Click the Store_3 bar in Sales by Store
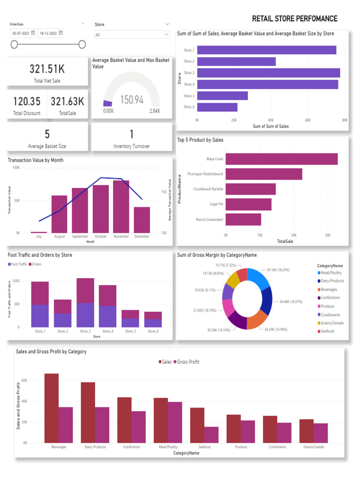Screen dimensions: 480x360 tap(268, 73)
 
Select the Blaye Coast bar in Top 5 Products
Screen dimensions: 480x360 tap(281, 159)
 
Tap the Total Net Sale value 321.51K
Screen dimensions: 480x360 tap(47, 69)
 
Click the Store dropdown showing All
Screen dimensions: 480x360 tap(132, 35)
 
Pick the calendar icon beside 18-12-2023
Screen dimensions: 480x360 tap(60, 33)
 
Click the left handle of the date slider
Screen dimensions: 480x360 tap(14, 44)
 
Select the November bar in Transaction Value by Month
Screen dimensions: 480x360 tap(121, 206)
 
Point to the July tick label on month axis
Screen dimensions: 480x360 tap(39, 237)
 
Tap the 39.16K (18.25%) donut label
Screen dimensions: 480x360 tap(278, 270)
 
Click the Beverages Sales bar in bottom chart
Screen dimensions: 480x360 tap(52, 408)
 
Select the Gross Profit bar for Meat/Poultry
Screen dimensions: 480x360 tap(175, 422)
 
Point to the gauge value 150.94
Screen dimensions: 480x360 tap(132, 100)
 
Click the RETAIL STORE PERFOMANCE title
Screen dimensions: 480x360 tap(294, 19)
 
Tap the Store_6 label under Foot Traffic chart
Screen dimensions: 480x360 tap(152, 331)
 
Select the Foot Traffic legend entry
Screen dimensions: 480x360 tap(18, 264)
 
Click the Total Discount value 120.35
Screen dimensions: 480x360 tap(27, 102)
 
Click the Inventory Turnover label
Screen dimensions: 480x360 tap(132, 146)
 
